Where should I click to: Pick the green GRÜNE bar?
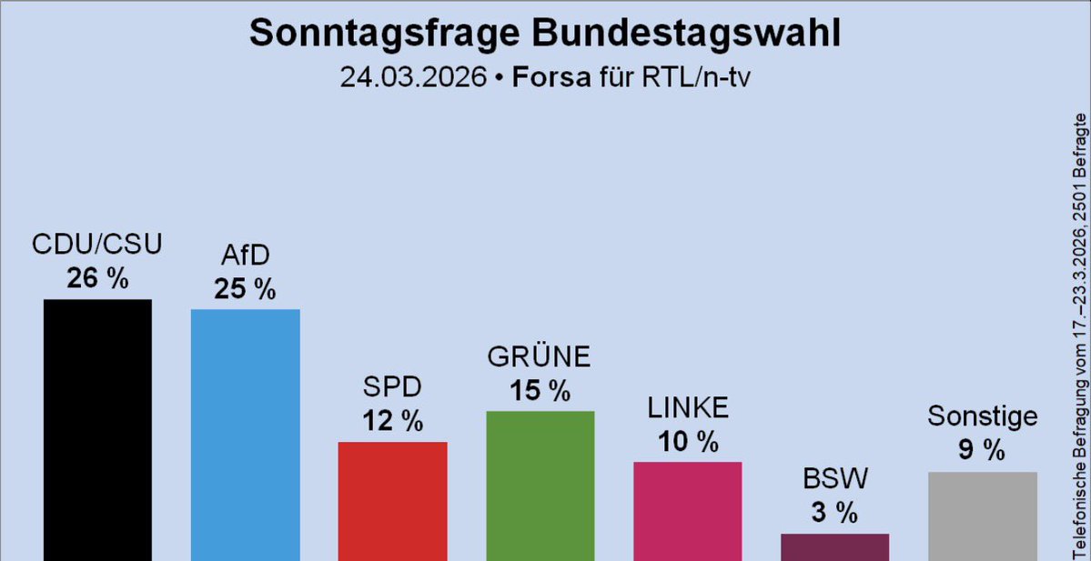pyautogui.click(x=540, y=486)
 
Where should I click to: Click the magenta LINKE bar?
pyautogui.click(x=688, y=510)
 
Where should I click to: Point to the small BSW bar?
pyautogui.click(x=834, y=546)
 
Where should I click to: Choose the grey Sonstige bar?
pyautogui.click(x=983, y=516)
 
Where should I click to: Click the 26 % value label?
pyautogui.click(x=97, y=278)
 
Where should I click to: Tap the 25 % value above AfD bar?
pyautogui.click(x=245, y=289)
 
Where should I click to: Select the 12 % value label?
pyautogui.click(x=392, y=421)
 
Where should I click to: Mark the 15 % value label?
pyautogui.click(x=540, y=391)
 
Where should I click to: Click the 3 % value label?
pyautogui.click(x=834, y=513)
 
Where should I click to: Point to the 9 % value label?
pyautogui.click(x=982, y=449)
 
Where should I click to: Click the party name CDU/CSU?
pyautogui.click(x=97, y=245)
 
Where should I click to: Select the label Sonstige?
pyautogui.click(x=983, y=416)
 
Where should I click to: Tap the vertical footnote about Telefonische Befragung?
pyautogui.click(x=1080, y=336)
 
